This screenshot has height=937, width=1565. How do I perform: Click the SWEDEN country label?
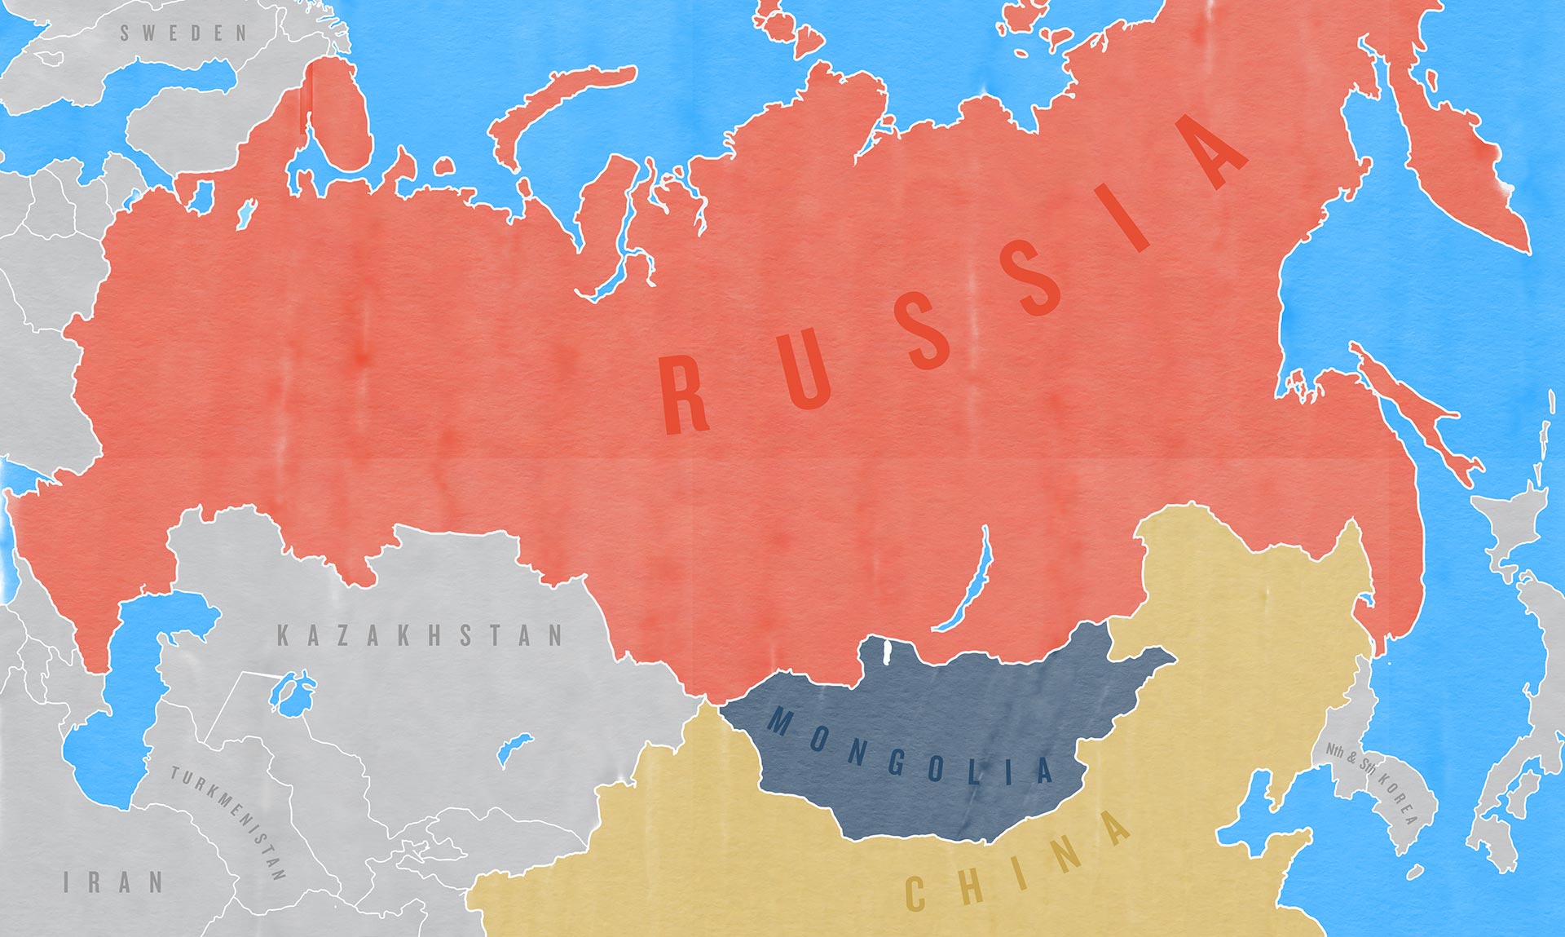183,33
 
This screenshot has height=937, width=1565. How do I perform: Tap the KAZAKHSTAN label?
420,636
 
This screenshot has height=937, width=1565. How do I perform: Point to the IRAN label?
113,882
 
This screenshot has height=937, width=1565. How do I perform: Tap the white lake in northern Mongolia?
886,650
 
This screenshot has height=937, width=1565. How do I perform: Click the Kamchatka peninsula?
1459,163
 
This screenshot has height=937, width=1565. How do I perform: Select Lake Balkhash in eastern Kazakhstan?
514,748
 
